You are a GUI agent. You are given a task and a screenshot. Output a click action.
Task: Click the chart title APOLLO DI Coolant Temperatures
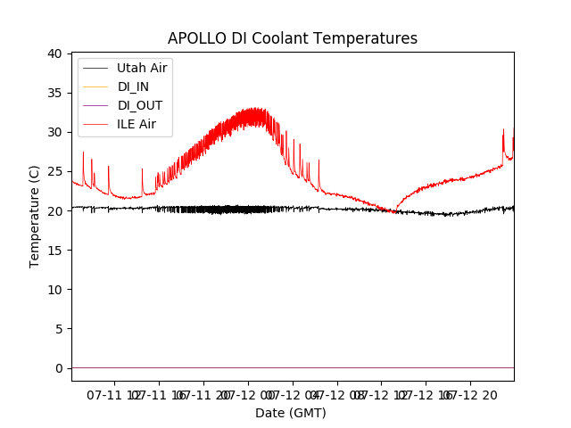(x=293, y=38)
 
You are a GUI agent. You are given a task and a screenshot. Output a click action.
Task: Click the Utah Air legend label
(x=142, y=67)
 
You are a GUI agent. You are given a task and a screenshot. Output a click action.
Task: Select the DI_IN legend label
(x=134, y=86)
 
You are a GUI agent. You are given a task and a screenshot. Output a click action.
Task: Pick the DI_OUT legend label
(x=139, y=105)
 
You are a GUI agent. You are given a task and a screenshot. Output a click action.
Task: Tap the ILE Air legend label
(x=137, y=124)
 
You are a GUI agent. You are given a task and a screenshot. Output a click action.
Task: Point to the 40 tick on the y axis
(x=54, y=53)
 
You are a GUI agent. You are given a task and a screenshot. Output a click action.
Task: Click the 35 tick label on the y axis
(x=54, y=93)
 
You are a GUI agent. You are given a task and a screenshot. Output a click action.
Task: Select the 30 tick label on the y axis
(x=54, y=132)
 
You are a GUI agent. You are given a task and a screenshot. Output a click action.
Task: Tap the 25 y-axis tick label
(x=54, y=171)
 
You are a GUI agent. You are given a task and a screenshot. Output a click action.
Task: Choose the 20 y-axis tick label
(x=54, y=210)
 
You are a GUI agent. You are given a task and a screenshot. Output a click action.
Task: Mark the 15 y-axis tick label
(x=54, y=250)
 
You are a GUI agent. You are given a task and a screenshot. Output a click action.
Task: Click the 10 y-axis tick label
(x=54, y=289)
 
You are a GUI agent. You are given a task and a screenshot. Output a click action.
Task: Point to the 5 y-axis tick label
(x=58, y=328)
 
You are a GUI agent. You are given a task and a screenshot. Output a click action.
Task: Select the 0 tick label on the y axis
(x=58, y=367)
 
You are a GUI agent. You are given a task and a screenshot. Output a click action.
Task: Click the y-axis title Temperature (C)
(x=35, y=217)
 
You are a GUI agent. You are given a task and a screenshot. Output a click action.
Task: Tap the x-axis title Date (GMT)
(x=291, y=413)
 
